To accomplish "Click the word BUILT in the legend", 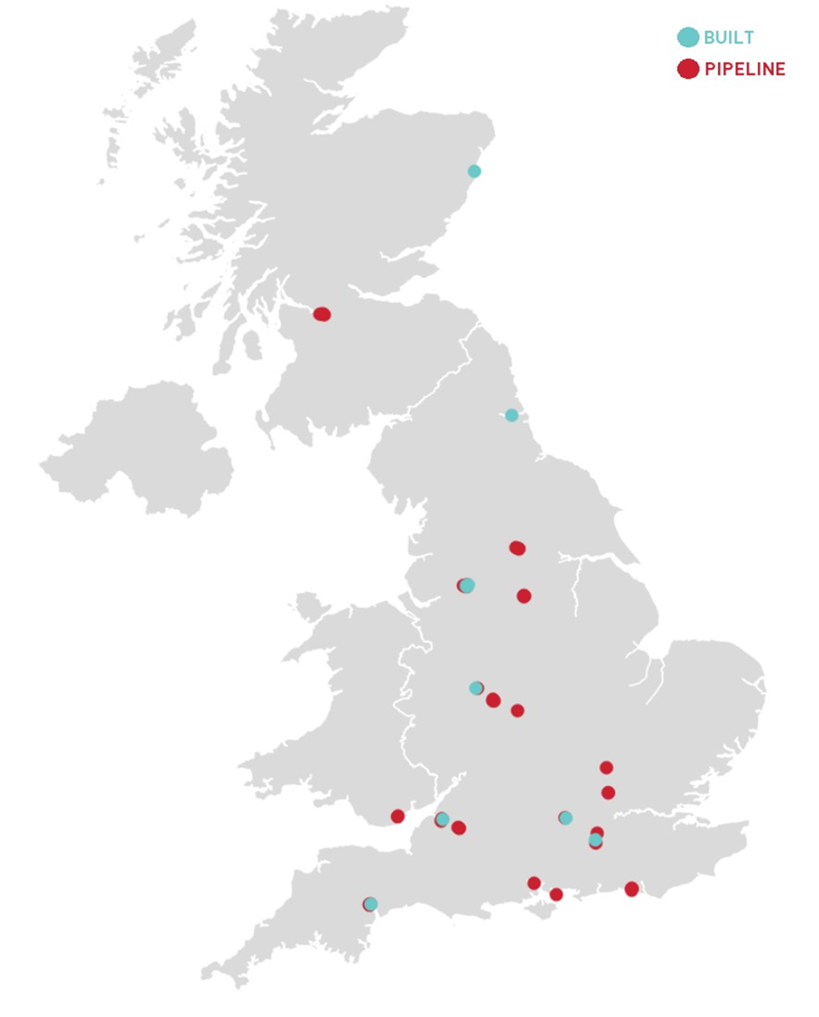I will click(x=729, y=37).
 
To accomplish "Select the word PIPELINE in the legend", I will click(x=744, y=69).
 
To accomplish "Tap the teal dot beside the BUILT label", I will click(x=687, y=37).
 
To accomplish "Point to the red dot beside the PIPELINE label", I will click(x=687, y=69).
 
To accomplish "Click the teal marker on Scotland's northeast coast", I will click(x=474, y=171).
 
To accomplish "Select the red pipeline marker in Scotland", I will click(x=322, y=314).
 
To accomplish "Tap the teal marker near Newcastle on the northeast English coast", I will click(x=511, y=415).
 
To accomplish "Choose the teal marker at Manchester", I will click(x=467, y=585).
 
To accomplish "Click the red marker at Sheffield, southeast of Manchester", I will click(x=524, y=596).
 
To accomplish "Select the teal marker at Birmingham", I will click(x=476, y=688).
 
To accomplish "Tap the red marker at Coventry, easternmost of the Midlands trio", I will click(x=518, y=710).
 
